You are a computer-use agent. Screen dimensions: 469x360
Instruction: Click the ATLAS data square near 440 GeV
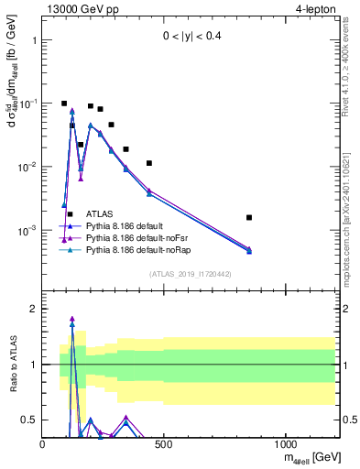click(149, 163)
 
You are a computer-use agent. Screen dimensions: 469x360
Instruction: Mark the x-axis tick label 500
click(164, 444)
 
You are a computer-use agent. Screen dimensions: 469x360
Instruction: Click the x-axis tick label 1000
click(286, 444)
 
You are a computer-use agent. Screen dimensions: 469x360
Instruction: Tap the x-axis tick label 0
click(43, 444)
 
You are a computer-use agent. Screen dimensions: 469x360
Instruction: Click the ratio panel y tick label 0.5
click(28, 420)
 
